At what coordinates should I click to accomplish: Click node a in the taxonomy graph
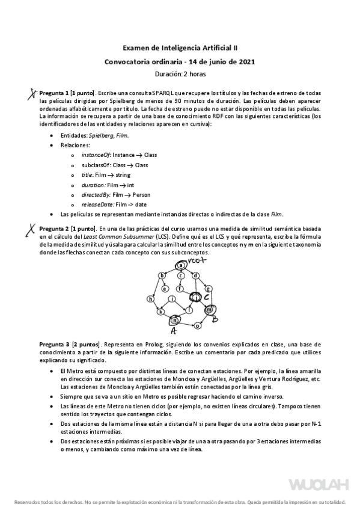click(180, 265)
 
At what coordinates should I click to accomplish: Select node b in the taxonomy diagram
click(161, 275)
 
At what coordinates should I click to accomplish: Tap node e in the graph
click(165, 289)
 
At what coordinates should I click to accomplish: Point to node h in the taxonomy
click(150, 299)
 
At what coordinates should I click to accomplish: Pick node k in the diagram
click(160, 312)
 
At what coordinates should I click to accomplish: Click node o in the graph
click(198, 325)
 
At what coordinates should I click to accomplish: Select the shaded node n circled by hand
click(175, 320)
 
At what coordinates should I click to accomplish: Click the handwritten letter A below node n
click(174, 331)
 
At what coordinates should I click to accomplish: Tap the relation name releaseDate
click(95, 204)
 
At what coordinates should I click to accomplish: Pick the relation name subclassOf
click(94, 165)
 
